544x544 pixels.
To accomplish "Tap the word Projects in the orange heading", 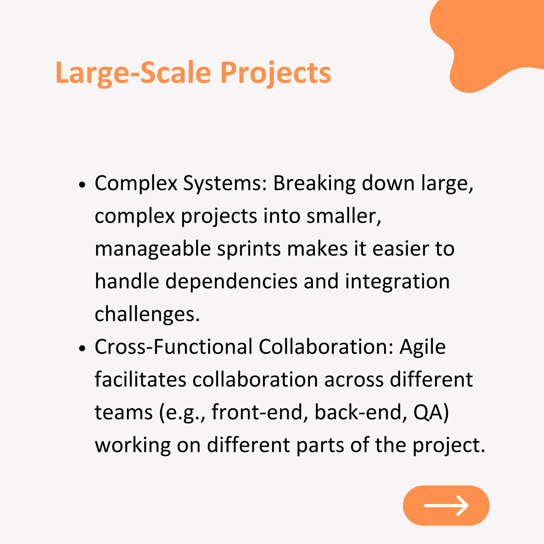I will pyautogui.click(x=276, y=73).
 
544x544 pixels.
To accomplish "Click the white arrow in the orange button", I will pyautogui.click(x=446, y=505).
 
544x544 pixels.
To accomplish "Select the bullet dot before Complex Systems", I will pyautogui.click(x=82, y=185).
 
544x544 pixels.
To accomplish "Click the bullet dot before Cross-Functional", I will pyautogui.click(x=82, y=348).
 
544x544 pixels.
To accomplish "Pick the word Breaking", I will pyautogui.click(x=314, y=184).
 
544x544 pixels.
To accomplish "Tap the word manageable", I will pyautogui.click(x=153, y=249).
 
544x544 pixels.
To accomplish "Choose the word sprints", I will pyautogui.click(x=249, y=249).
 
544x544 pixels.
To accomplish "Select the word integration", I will pyautogui.click(x=397, y=282).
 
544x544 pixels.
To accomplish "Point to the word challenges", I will pyautogui.click(x=147, y=314).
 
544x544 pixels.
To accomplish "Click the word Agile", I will pyautogui.click(x=423, y=347).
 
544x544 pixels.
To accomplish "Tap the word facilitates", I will pyautogui.click(x=141, y=380).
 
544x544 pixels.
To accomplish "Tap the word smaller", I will pyautogui.click(x=343, y=216).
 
